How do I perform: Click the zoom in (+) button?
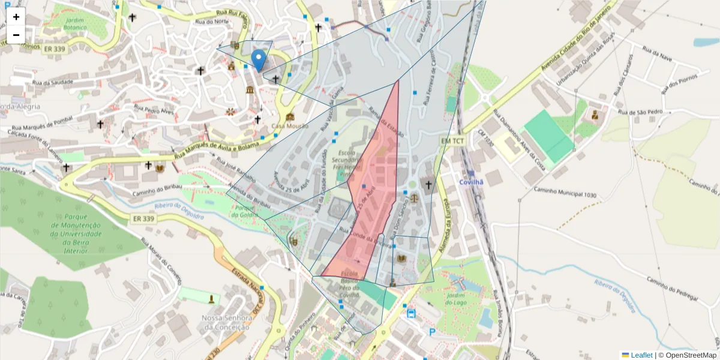(x=16, y=17)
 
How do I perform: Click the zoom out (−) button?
(x=16, y=35)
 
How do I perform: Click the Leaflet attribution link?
(x=641, y=355)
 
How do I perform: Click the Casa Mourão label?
(x=290, y=126)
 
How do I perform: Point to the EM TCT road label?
(x=452, y=140)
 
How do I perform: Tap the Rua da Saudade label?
(x=53, y=82)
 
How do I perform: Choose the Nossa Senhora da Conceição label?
(x=225, y=322)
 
